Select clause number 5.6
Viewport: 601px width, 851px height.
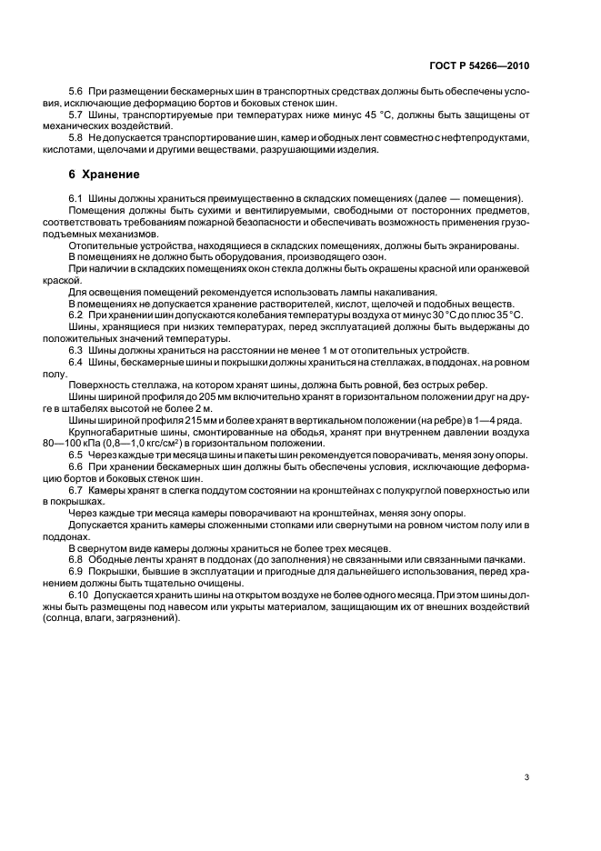coord(76,93)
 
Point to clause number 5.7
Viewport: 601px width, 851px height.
coord(76,115)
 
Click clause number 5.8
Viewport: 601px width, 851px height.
coord(76,136)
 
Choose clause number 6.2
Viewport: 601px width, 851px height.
coord(76,315)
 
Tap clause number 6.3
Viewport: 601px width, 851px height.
coord(76,349)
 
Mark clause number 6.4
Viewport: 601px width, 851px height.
coord(76,361)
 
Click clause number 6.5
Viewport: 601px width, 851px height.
coord(76,455)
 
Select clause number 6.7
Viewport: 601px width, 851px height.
coord(76,489)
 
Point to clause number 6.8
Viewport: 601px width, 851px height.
coord(76,559)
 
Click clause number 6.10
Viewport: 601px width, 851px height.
coord(79,594)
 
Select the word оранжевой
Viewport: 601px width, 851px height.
coord(501,268)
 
